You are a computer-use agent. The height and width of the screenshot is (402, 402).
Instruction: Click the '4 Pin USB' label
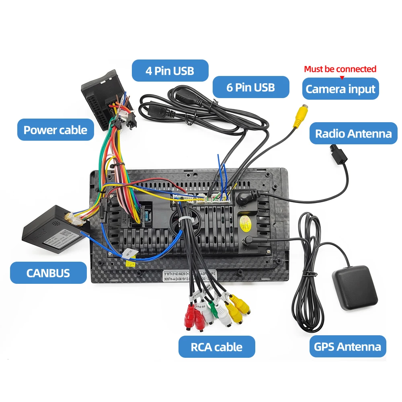coord(170,71)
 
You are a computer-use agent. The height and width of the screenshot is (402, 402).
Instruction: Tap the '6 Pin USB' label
coord(250,87)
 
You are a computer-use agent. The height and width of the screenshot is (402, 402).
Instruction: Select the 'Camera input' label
coord(340,89)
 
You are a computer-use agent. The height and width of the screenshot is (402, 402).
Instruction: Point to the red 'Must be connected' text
coord(340,69)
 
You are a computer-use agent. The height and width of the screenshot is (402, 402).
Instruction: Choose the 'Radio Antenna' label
coord(353,133)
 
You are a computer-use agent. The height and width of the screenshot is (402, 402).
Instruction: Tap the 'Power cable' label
coord(55,130)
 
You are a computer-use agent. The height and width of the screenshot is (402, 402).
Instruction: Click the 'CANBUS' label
coord(48,273)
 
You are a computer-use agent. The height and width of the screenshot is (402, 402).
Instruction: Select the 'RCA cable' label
coord(217,347)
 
